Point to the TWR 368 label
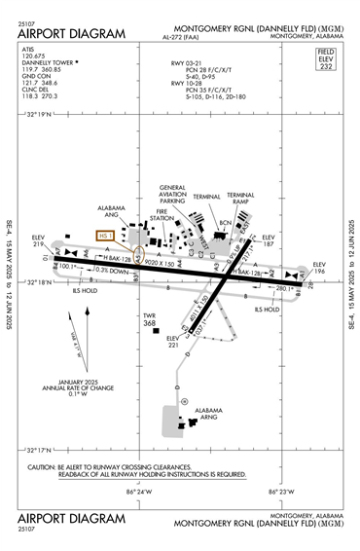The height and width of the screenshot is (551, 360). pyautogui.click(x=150, y=320)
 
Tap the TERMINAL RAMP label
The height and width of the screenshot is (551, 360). pyautogui.click(x=240, y=199)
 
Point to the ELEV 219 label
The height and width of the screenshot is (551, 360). pyautogui.click(x=39, y=241)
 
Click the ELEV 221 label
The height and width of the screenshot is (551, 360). pyautogui.click(x=172, y=342)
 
